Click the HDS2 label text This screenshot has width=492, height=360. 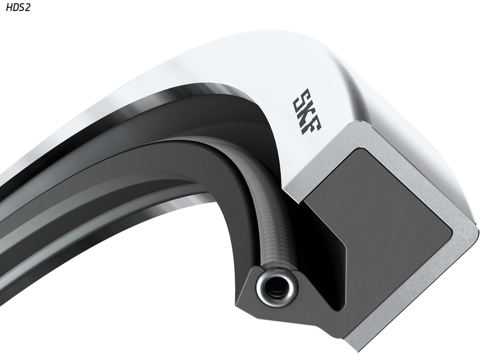point(18,7)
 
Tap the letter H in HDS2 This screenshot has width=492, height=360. point(9,7)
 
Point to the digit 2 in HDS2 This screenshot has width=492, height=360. point(28,7)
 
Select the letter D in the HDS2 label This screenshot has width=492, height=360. point(15,7)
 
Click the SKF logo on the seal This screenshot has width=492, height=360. point(307,111)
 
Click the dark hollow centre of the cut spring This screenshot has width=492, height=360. point(276,287)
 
